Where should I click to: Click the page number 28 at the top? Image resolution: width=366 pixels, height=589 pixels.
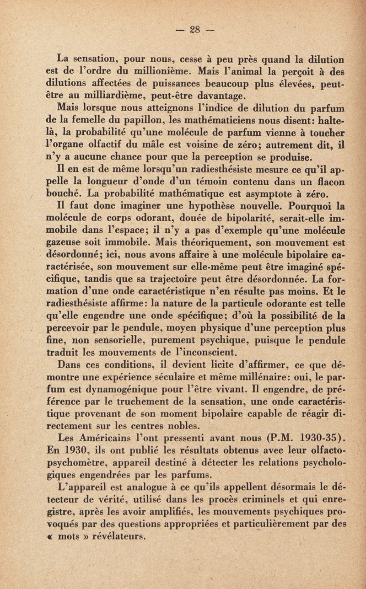tap(195, 32)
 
